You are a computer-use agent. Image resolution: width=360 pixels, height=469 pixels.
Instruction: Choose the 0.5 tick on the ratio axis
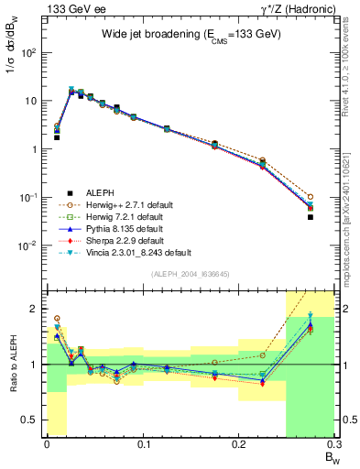click(x=33, y=420)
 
